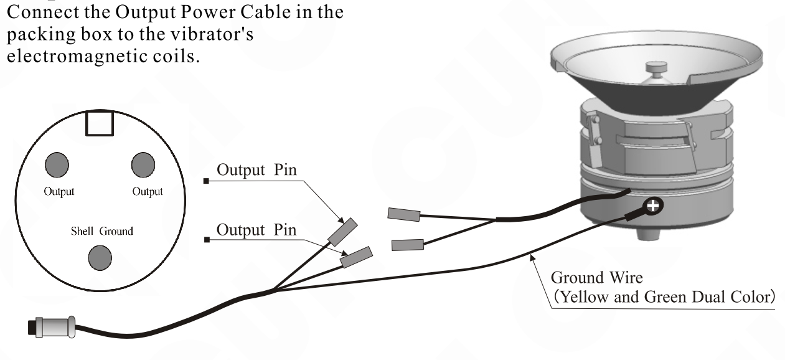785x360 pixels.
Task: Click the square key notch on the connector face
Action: coord(99,124)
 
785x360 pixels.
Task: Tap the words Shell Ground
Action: coord(101,231)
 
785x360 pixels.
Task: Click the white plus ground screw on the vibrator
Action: coord(654,206)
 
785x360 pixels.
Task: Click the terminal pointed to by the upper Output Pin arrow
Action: coord(342,232)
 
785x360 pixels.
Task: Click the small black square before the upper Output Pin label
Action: coord(206,181)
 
